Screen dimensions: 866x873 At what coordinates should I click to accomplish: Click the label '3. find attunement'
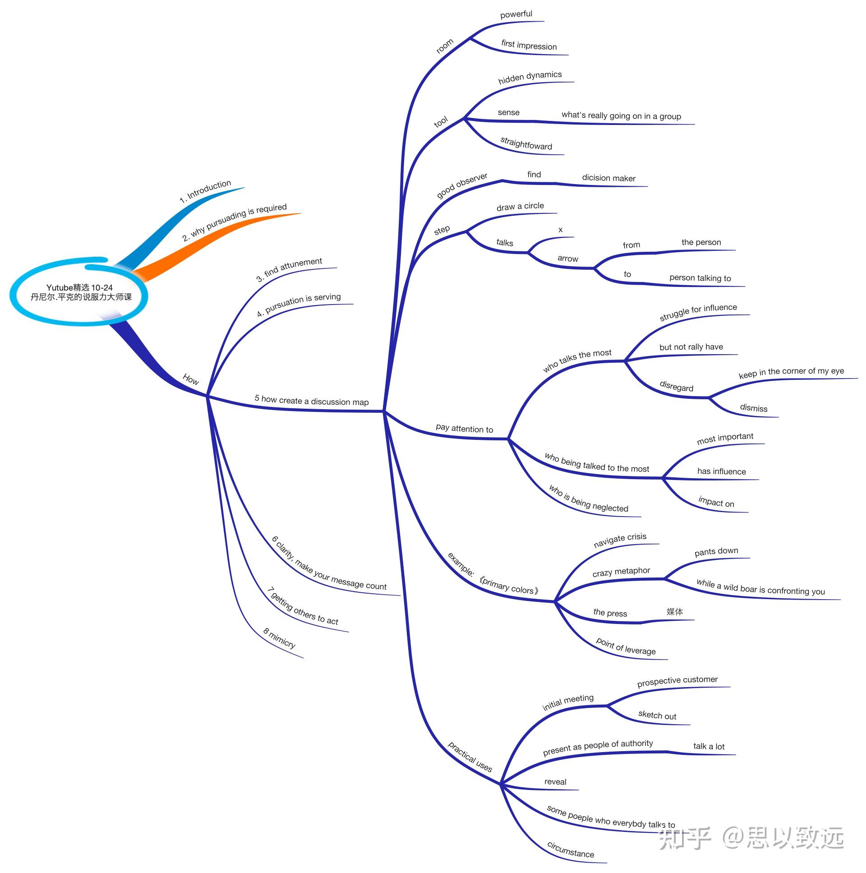tap(289, 269)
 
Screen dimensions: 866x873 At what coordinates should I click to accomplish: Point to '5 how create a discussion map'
tap(311, 400)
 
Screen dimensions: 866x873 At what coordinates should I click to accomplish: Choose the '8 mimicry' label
tap(279, 637)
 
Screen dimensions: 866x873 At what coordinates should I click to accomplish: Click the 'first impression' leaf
tap(529, 45)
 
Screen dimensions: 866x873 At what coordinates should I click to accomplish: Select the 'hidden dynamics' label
tap(530, 77)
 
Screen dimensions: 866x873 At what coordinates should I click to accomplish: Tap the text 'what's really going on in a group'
tap(621, 115)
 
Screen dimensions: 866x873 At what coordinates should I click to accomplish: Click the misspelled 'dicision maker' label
tap(608, 178)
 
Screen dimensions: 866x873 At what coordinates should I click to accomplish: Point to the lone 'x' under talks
tap(560, 230)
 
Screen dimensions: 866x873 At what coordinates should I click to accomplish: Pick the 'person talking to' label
tap(700, 278)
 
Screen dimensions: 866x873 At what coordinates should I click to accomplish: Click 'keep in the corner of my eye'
tap(791, 372)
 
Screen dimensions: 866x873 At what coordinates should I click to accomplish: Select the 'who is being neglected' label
tap(588, 499)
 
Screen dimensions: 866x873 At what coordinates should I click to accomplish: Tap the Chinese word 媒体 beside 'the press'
tap(674, 611)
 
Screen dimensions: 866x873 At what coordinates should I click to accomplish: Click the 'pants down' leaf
tap(716, 552)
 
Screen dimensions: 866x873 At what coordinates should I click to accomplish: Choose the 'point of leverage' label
tap(625, 647)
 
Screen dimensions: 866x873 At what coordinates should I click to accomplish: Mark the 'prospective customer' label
tap(677, 681)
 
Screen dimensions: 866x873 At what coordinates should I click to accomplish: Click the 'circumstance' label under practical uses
tap(570, 850)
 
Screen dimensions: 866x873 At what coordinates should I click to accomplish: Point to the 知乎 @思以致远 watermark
tap(751, 838)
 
